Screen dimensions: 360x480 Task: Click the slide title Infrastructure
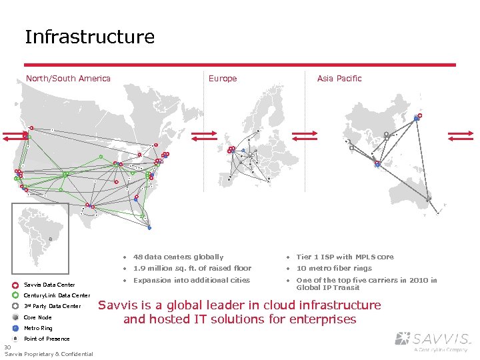point(89,37)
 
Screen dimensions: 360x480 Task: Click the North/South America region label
point(68,79)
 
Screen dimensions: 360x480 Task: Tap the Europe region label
point(223,79)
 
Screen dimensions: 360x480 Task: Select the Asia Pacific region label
point(339,79)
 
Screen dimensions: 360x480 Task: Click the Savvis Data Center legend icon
point(15,285)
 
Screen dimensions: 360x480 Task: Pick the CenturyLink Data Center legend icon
point(15,295)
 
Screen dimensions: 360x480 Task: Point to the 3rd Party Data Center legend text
point(52,307)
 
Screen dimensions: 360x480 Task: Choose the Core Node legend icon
point(15,317)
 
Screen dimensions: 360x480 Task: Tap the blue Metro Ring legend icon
point(15,328)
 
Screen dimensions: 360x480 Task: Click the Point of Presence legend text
point(47,339)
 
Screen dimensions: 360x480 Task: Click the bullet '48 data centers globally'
point(178,257)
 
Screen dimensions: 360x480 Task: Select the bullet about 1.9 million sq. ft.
point(192,268)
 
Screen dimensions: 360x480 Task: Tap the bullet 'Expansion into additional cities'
point(191,280)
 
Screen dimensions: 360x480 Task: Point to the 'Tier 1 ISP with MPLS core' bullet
point(345,257)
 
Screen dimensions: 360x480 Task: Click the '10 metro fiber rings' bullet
point(334,268)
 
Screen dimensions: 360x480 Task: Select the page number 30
point(7,347)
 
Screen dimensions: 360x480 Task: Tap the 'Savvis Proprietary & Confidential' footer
point(49,354)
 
